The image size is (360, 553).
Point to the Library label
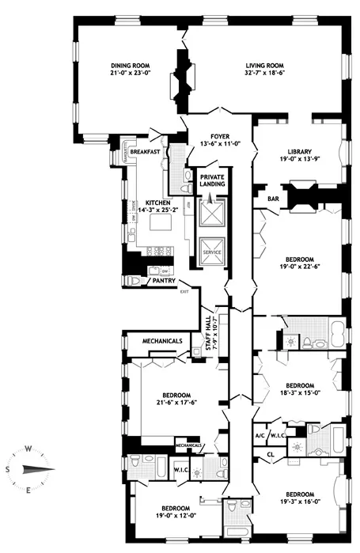coord(299,156)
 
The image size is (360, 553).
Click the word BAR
coord(273,199)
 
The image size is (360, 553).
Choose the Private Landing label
coord(212,180)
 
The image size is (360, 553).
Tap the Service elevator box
coord(212,252)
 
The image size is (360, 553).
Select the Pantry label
coord(164,279)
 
